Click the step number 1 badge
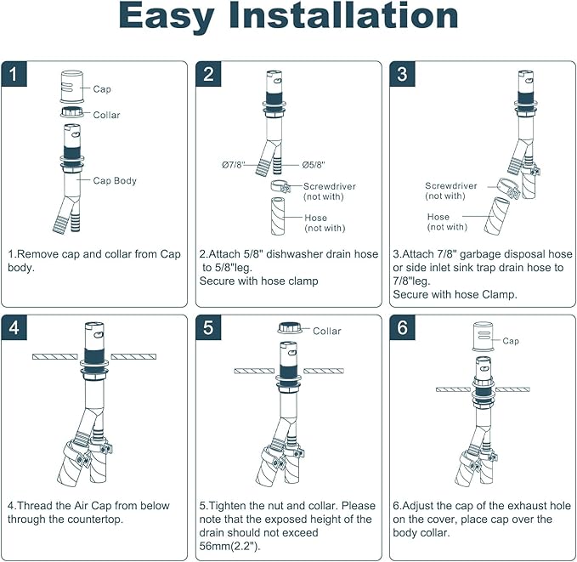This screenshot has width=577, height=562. click(x=13, y=74)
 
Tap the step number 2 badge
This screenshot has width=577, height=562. click(x=208, y=74)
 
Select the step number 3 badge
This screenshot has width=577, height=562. click(x=403, y=74)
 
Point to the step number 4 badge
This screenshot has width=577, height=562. click(x=13, y=328)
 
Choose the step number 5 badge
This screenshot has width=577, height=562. click(x=208, y=328)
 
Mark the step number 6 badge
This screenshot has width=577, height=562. click(x=403, y=328)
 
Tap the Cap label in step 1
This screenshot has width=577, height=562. click(x=102, y=88)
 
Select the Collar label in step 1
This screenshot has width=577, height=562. click(x=106, y=115)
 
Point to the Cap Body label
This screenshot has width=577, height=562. click(x=115, y=180)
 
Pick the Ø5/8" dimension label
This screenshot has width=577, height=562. click(x=314, y=165)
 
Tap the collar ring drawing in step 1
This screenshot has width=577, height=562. click(x=72, y=112)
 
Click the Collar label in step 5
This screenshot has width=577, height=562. click(x=328, y=331)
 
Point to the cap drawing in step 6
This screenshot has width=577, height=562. click(x=484, y=338)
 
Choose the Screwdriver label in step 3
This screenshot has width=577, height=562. click(x=451, y=185)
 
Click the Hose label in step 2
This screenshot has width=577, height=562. click(x=315, y=218)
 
